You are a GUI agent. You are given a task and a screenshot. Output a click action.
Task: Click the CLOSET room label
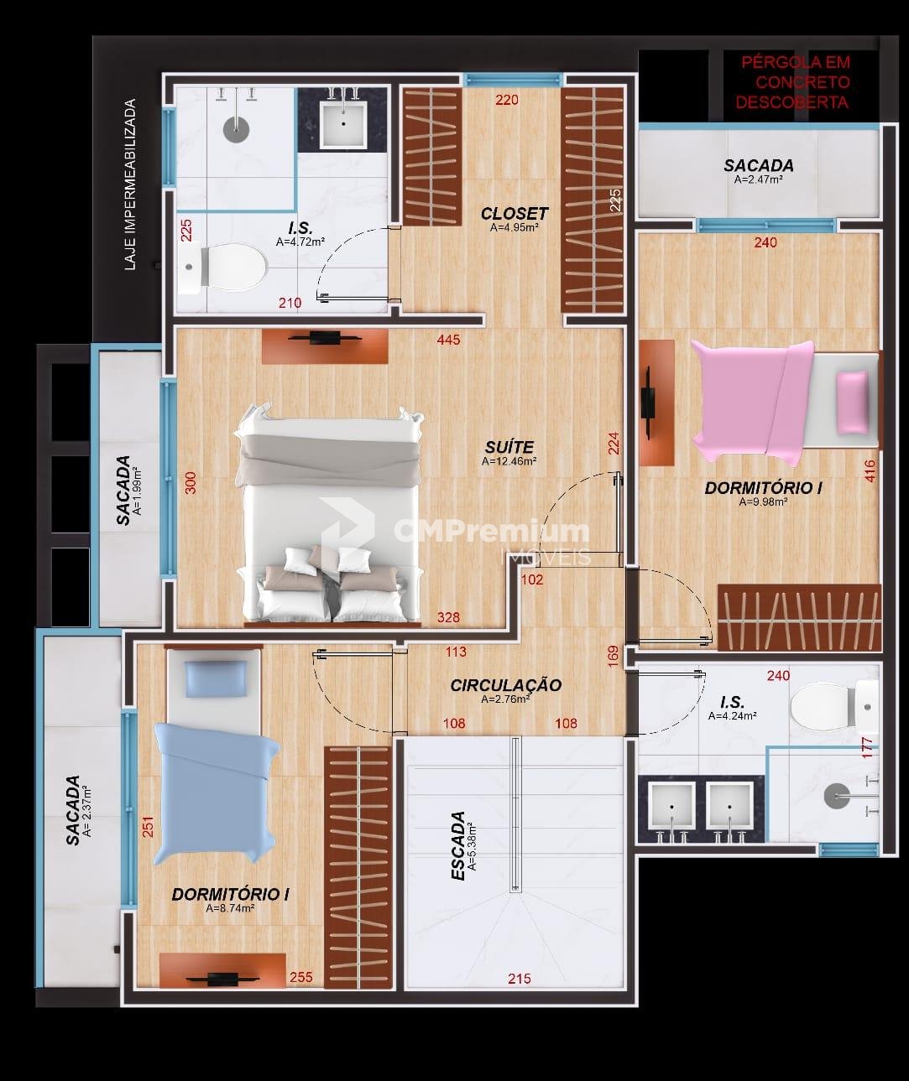(x=515, y=213)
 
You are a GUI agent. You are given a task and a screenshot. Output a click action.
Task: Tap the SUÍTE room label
(x=509, y=447)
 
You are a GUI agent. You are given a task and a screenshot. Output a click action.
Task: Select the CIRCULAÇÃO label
(x=506, y=685)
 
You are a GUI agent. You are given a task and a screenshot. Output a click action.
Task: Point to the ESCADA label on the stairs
(x=458, y=845)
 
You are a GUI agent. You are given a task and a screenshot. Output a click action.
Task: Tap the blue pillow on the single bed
(x=216, y=678)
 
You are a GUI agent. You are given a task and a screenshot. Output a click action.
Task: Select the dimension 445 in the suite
(x=448, y=340)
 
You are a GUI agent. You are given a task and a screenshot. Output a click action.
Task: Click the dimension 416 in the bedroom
(x=870, y=470)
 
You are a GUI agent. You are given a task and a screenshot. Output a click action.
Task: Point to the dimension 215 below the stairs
(x=520, y=978)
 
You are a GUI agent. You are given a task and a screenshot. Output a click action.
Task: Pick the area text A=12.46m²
(x=509, y=460)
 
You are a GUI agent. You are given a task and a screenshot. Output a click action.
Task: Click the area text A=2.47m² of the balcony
(x=758, y=179)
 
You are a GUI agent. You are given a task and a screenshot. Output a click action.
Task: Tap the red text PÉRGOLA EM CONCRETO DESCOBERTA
(x=793, y=82)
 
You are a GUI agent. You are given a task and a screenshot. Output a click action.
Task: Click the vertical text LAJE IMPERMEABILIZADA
(x=131, y=184)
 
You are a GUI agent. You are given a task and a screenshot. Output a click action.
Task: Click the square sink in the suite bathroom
(x=343, y=124)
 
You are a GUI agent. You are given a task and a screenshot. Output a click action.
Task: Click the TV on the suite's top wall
(x=325, y=338)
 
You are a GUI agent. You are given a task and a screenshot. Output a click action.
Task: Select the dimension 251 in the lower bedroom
(x=149, y=826)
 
